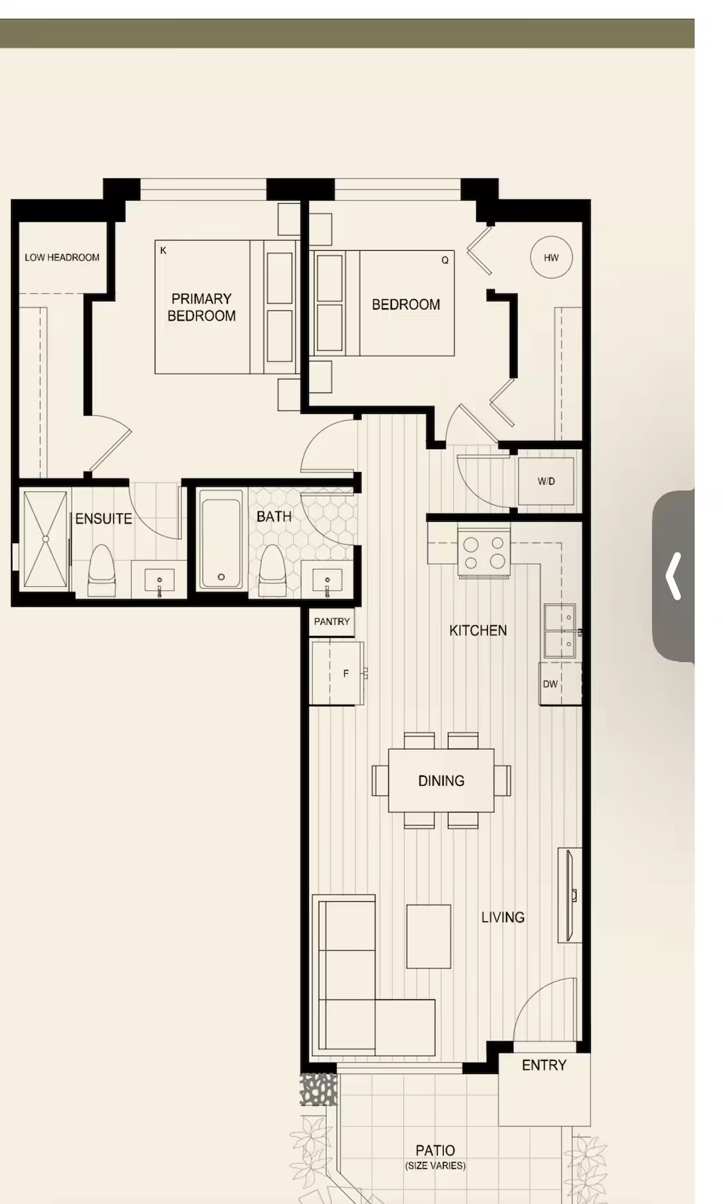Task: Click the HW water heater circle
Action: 551,257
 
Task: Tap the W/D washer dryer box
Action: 546,481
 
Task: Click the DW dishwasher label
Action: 550,684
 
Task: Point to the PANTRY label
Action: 332,621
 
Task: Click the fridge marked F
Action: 337,673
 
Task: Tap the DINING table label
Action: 441,781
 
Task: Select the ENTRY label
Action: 544,1065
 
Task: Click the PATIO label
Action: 435,1150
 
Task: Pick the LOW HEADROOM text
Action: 62,257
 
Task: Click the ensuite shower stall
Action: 46,539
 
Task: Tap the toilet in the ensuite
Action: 102,571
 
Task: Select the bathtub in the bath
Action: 221,539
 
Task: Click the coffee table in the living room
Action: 429,937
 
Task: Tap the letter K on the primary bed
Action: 163,250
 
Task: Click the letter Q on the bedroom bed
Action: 445,260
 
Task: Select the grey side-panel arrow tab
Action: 673,576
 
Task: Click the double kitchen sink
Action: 561,631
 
